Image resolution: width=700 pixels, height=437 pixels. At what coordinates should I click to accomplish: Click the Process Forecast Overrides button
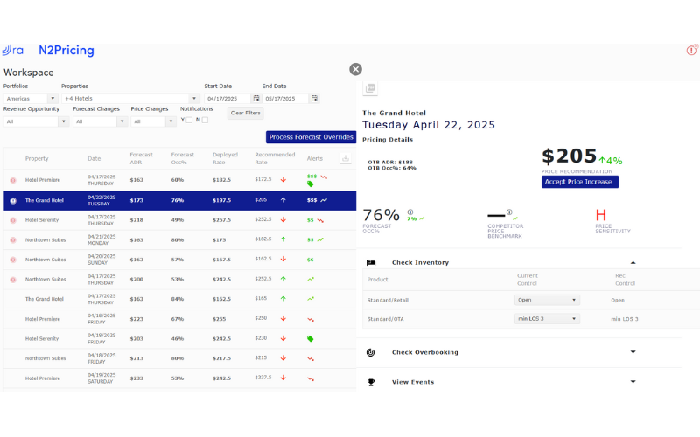click(x=311, y=137)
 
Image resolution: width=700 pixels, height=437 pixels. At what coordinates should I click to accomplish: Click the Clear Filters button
click(x=245, y=114)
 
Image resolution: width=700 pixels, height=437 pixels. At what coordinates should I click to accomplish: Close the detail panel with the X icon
click(x=355, y=69)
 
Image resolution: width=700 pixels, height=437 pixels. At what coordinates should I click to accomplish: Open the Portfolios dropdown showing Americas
click(x=30, y=99)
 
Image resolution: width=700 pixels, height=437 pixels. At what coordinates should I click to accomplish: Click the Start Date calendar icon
click(x=256, y=99)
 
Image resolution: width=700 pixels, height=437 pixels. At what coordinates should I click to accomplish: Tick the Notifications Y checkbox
click(x=189, y=120)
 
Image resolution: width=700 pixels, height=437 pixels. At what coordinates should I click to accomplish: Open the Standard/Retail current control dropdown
click(x=547, y=300)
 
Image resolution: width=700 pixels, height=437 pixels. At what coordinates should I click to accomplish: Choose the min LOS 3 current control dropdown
click(x=547, y=319)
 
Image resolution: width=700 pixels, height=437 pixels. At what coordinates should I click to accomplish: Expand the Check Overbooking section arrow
click(x=633, y=352)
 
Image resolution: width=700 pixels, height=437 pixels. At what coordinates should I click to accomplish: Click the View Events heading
click(x=413, y=382)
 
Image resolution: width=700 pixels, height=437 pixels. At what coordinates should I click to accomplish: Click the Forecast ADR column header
click(x=141, y=158)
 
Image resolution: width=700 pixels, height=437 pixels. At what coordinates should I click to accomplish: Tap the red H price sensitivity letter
click(x=601, y=215)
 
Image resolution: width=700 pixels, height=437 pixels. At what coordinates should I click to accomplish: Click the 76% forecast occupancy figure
click(x=381, y=215)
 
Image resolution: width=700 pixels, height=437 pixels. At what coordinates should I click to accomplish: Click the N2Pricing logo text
click(x=66, y=51)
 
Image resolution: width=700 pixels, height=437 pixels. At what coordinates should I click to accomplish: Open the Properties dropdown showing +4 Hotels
click(x=131, y=99)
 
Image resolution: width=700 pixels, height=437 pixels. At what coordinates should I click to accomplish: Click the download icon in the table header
click(x=346, y=159)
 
